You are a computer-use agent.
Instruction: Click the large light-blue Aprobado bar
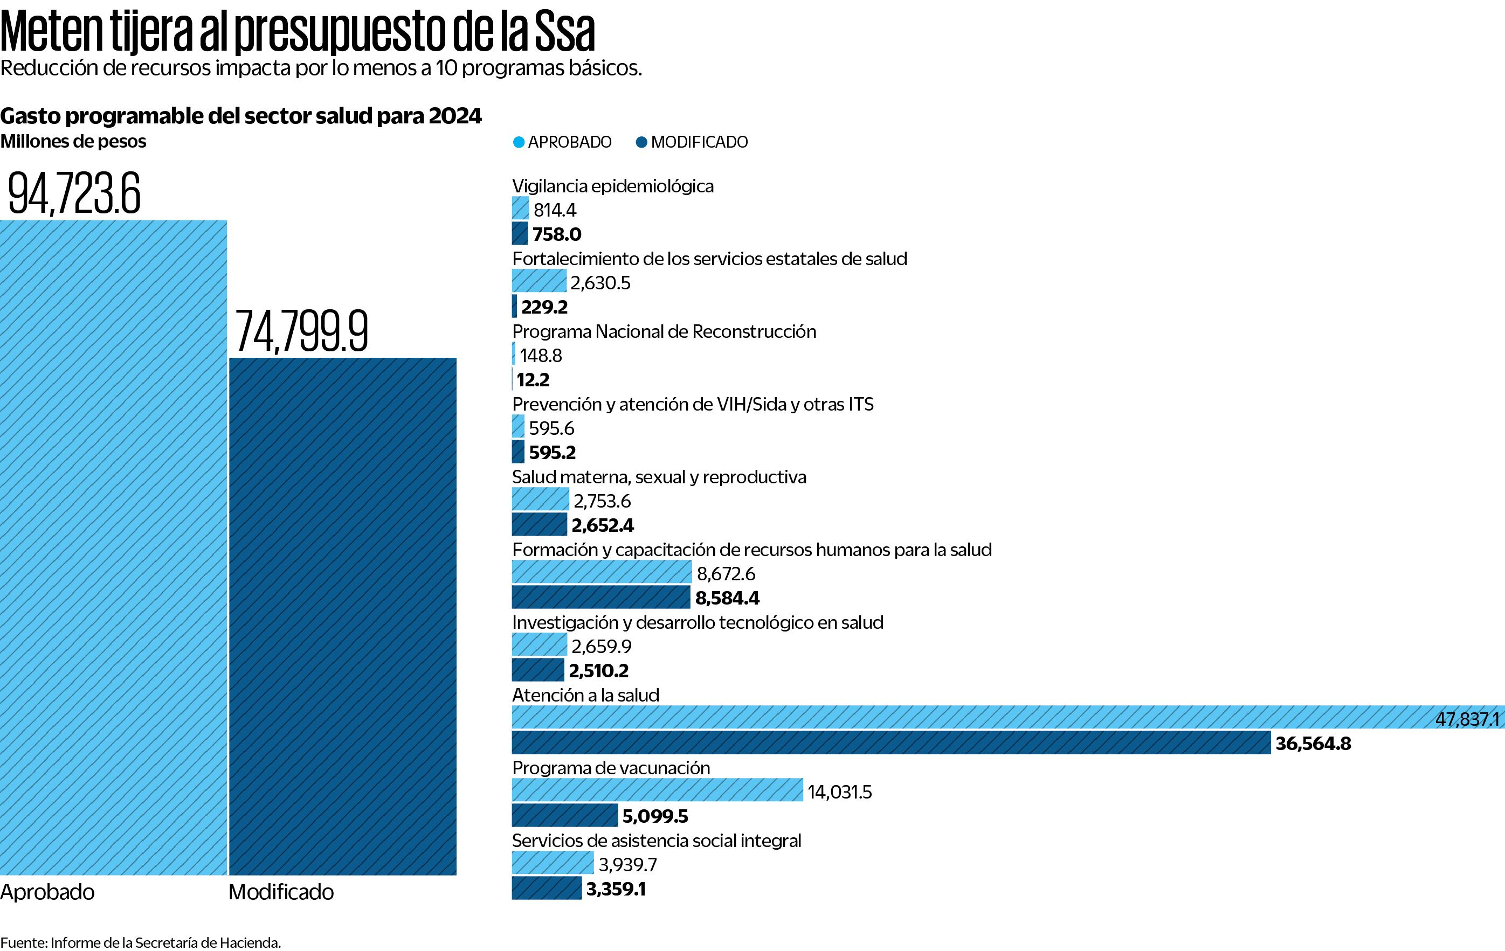click(x=113, y=547)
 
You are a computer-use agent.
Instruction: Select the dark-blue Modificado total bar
click(x=342, y=616)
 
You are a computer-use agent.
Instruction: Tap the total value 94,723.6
click(x=74, y=193)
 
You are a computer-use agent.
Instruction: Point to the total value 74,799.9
click(x=302, y=331)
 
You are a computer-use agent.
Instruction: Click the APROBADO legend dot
click(x=518, y=142)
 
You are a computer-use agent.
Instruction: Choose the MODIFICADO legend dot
click(x=641, y=142)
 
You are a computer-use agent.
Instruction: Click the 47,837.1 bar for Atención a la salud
click(x=1000, y=717)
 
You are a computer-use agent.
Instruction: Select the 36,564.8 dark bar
click(x=890, y=742)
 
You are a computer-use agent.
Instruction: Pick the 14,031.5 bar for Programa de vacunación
click(x=657, y=790)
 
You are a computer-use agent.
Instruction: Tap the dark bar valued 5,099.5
click(x=564, y=815)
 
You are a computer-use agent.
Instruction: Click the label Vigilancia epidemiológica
click(x=612, y=186)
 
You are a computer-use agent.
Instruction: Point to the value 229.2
click(x=544, y=307)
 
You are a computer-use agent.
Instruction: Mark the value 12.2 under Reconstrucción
click(x=533, y=379)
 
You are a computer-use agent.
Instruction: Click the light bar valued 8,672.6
click(x=601, y=572)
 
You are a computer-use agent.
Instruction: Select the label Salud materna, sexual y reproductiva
click(x=659, y=477)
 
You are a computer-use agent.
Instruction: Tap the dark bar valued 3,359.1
click(x=546, y=888)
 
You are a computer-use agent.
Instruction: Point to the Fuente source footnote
click(x=141, y=942)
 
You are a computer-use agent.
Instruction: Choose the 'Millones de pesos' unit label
click(x=73, y=142)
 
